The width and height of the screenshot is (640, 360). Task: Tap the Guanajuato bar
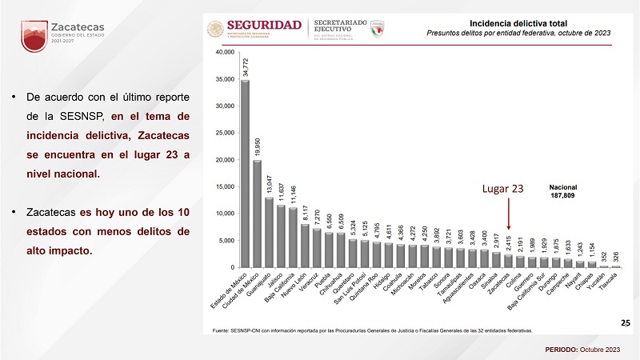click(269, 232)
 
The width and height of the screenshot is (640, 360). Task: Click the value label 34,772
click(245, 65)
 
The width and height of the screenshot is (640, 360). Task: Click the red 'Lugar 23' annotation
click(502, 189)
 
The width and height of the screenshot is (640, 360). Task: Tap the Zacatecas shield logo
click(34, 36)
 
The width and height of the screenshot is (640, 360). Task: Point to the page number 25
click(625, 322)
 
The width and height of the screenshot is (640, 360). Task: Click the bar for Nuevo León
click(305, 246)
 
